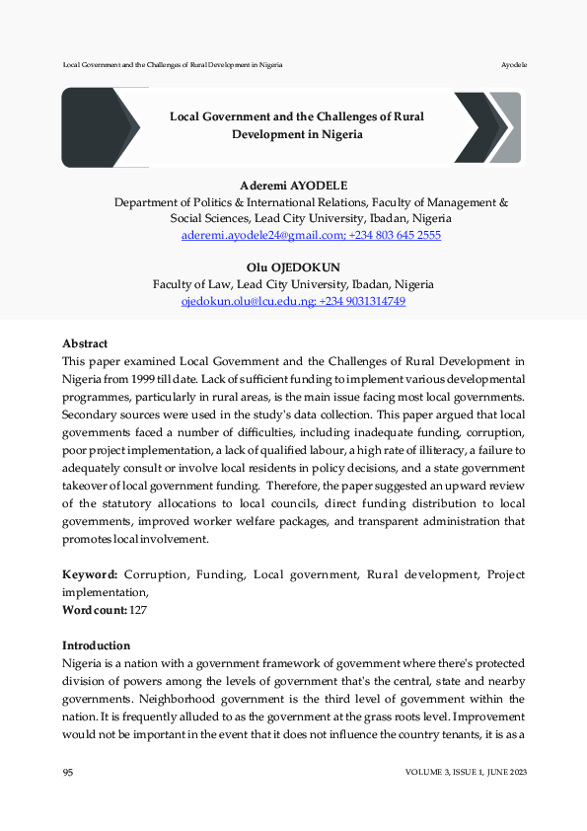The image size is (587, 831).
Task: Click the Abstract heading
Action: pyautogui.click(x=85, y=343)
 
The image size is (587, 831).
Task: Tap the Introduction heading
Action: pyautogui.click(x=96, y=644)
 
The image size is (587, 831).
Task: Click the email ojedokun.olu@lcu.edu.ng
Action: pyautogui.click(x=244, y=301)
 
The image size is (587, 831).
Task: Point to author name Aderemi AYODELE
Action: pyautogui.click(x=294, y=186)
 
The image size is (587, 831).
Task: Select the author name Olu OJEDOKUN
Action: pyautogui.click(x=293, y=267)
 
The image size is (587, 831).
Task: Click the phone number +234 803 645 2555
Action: pyautogui.click(x=395, y=236)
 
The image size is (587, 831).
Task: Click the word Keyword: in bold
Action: pyautogui.click(x=90, y=574)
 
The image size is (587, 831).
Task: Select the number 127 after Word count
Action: pyautogui.click(x=139, y=611)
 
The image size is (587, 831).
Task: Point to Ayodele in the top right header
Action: pyautogui.click(x=514, y=64)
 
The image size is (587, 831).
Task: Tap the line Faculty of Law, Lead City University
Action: pyautogui.click(x=293, y=284)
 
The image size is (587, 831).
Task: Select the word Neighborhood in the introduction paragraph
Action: pyautogui.click(x=154, y=698)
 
